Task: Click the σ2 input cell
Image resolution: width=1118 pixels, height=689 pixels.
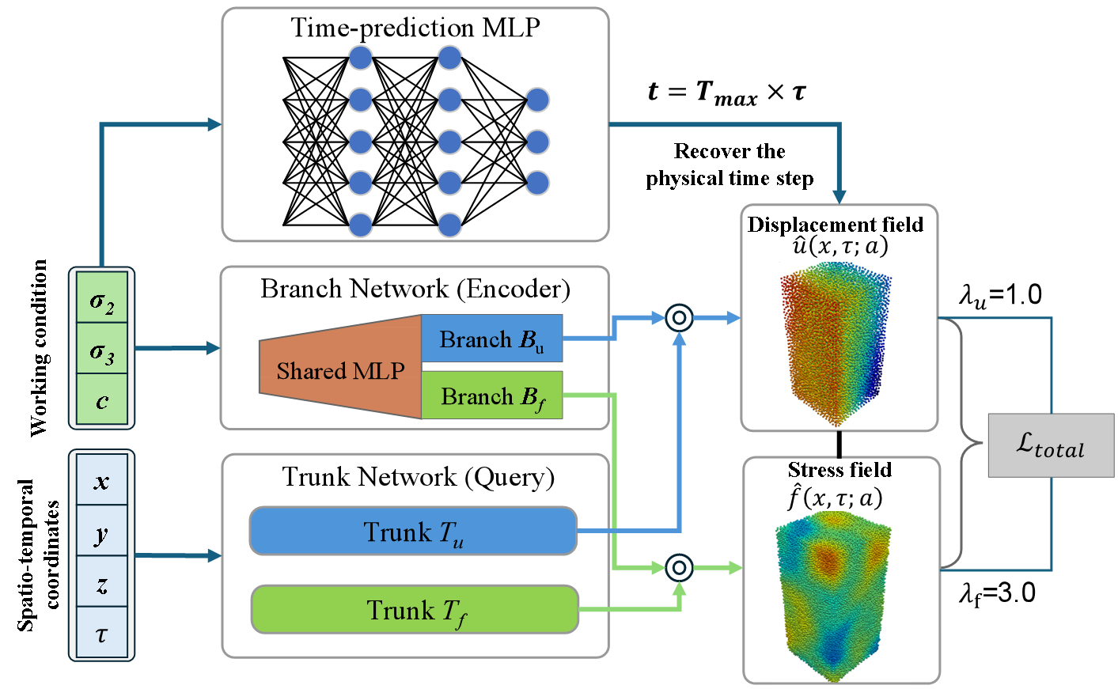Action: tap(102, 298)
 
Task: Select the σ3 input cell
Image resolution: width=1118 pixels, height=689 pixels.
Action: tap(102, 349)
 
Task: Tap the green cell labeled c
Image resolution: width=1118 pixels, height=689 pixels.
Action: tap(102, 399)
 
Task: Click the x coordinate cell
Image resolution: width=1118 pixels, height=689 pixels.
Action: tap(102, 480)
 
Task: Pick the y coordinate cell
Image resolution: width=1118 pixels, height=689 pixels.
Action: tap(102, 532)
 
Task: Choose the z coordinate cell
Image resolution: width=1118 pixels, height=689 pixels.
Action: tap(102, 582)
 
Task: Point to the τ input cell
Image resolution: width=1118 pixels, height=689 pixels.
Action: tap(102, 632)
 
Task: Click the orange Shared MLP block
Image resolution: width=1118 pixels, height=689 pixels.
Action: tap(340, 369)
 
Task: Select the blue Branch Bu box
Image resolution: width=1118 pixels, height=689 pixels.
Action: tap(491, 339)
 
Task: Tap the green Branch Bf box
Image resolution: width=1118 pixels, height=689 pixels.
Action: tap(491, 395)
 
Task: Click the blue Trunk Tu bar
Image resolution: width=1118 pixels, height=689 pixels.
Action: tap(413, 531)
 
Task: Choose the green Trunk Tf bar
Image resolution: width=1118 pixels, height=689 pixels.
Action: tap(415, 609)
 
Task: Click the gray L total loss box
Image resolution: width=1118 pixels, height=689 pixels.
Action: tap(1051, 445)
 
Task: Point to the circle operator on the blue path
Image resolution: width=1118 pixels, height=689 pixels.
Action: tap(679, 318)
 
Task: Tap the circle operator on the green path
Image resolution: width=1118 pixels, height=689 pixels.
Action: tap(679, 567)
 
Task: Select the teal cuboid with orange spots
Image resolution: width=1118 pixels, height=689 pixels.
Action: tap(841, 596)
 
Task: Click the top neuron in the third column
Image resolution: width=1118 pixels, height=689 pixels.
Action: tap(537, 100)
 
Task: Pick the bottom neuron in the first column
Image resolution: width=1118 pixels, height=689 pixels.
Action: tap(361, 225)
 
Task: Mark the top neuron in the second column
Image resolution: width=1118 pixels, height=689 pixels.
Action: tap(449, 58)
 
